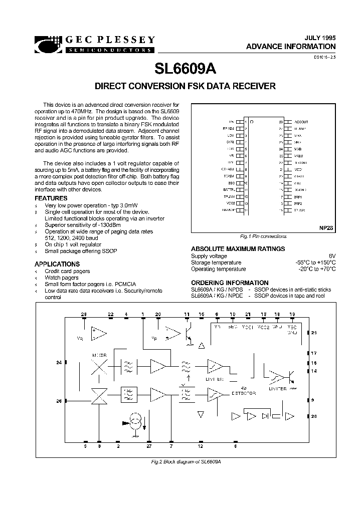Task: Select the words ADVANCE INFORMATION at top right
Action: pos(291,46)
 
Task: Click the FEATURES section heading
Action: pos(51,198)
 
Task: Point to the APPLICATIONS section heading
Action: pos(57,264)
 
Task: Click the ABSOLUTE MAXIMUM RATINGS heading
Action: pos(238,249)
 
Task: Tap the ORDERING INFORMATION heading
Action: pos(230,283)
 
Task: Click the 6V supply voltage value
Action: pos(331,256)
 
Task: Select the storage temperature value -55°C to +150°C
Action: pos(315,263)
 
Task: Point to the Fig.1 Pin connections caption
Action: pos(263,236)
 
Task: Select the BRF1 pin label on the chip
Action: pos(298,197)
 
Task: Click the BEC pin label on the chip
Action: pos(231,184)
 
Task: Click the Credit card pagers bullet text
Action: pos(67,271)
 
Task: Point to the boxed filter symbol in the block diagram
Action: pos(128,394)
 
